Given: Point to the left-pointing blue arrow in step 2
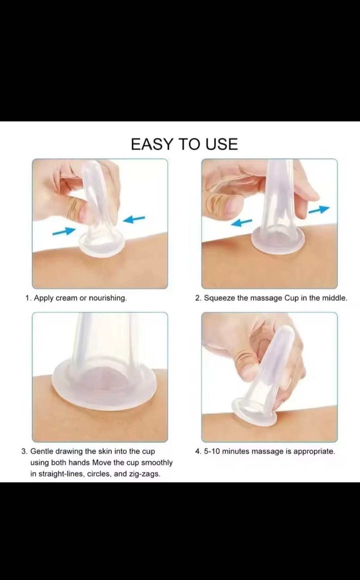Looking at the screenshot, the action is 242,222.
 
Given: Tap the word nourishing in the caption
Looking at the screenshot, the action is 108,298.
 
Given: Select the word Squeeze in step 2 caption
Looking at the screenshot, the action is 219,298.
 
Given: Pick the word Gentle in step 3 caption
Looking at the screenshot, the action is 42,451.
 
